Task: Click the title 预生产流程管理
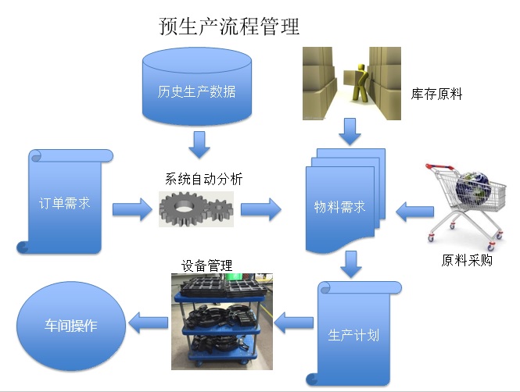pos(229,27)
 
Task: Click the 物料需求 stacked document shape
pos(342,207)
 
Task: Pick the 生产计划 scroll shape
pos(353,336)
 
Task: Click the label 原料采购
pos(467,260)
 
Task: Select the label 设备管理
pos(207,265)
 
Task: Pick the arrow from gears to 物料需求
pos(260,208)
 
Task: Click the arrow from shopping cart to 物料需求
pos(414,209)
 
